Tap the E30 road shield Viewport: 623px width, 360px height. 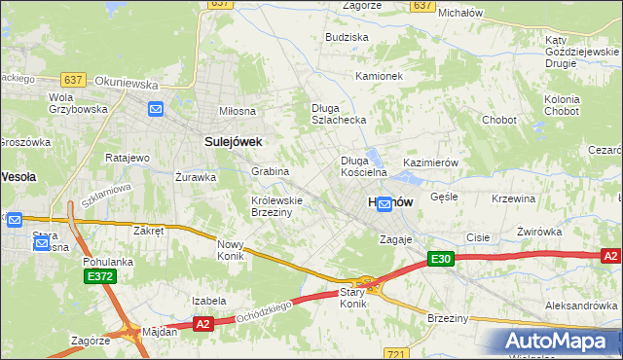coord(441,259)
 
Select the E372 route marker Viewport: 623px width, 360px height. coord(95,277)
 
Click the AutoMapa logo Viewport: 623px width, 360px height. coord(560,342)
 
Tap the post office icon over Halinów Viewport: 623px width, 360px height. coord(385,204)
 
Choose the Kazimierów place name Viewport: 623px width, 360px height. coord(429,163)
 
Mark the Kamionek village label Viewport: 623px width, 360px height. coord(379,76)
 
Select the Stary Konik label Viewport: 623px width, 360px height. coord(351,298)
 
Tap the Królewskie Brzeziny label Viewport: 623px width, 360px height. coord(277,206)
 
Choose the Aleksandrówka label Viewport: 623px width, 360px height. coord(580,306)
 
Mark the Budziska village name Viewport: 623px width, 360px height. coord(348,37)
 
